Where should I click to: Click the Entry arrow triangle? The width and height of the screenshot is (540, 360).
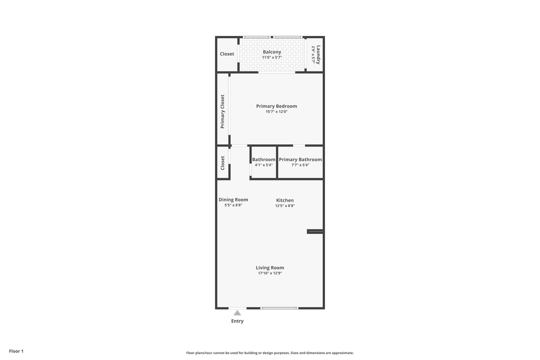(x=237, y=313)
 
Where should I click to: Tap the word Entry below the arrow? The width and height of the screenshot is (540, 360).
(x=237, y=321)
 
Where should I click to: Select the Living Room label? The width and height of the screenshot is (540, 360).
(x=270, y=267)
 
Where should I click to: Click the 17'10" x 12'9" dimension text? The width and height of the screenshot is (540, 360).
(x=270, y=273)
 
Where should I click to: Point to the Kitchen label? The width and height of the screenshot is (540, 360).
(x=285, y=200)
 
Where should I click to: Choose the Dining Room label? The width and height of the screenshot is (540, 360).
(x=233, y=199)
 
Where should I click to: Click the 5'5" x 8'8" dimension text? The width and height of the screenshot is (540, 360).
(x=233, y=205)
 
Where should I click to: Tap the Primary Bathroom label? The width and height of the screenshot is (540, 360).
(x=300, y=159)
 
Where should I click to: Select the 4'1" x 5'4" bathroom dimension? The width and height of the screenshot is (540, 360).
(x=263, y=165)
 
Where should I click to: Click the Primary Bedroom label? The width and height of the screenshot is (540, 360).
(x=276, y=106)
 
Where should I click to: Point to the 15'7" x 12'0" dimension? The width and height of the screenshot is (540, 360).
(x=276, y=111)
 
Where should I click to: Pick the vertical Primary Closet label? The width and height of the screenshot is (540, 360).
(x=222, y=111)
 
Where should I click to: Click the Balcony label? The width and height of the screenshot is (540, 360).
(x=272, y=52)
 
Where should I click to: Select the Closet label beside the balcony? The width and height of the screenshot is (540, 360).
(x=227, y=54)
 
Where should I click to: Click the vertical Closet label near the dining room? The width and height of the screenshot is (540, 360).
(x=222, y=163)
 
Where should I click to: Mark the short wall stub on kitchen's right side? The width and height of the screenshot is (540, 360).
(x=315, y=231)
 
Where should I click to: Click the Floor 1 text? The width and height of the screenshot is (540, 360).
(x=16, y=351)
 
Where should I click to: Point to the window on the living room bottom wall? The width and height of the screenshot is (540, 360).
(x=279, y=308)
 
